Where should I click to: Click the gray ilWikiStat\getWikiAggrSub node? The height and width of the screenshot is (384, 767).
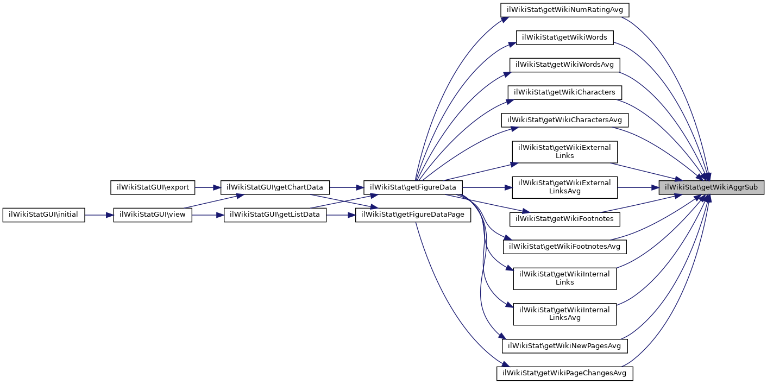pos(711,187)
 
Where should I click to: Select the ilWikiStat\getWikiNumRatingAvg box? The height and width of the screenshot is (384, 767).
pos(564,9)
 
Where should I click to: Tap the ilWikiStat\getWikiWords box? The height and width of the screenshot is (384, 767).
pos(564,37)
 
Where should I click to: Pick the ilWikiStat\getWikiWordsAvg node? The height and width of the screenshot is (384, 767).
pos(564,64)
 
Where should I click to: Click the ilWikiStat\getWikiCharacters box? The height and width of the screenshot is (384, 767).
pos(564,92)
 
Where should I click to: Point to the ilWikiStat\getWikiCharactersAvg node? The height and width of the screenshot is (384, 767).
pos(564,119)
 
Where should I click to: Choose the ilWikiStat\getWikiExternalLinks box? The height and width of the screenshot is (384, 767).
pos(564,152)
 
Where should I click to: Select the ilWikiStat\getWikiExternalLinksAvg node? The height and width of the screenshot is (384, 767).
pos(564,186)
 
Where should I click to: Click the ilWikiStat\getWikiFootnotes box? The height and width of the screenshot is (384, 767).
pos(564,219)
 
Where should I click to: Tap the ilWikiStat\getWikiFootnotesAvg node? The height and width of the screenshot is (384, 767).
pos(564,247)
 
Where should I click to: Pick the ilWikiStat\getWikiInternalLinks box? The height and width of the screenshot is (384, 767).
pos(564,278)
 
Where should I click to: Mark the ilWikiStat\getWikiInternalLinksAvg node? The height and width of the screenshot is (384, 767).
pos(564,314)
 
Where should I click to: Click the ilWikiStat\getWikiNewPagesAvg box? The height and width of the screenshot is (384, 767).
pos(564,345)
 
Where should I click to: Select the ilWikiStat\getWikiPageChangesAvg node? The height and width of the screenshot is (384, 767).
pos(564,373)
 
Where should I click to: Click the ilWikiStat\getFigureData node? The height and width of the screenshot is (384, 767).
pos(413,187)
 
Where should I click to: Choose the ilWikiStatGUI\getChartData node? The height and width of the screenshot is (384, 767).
pos(275,187)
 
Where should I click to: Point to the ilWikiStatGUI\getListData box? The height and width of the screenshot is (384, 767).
pos(275,215)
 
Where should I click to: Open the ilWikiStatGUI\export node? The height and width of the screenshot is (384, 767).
pos(153,187)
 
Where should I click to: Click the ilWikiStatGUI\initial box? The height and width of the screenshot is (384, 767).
pos(44,215)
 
